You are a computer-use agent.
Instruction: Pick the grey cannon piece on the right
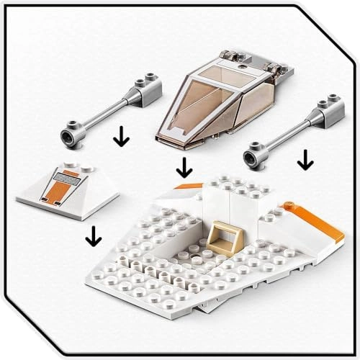284,133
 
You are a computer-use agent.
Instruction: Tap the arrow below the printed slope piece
91,234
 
